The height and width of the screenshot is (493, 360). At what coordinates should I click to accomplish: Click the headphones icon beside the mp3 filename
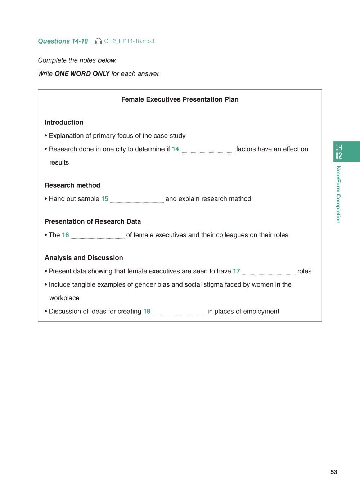(x=98, y=41)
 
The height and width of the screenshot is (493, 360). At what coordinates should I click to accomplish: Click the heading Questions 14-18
(x=63, y=41)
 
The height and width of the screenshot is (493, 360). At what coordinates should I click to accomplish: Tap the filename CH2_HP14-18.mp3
(x=129, y=41)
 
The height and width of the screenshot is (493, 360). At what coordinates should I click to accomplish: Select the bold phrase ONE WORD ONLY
(x=82, y=74)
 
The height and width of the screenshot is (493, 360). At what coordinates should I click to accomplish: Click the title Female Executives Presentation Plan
(x=180, y=99)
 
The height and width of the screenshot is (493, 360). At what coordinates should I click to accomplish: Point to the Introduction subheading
(x=64, y=122)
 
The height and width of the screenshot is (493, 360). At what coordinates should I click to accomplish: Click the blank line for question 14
(x=207, y=150)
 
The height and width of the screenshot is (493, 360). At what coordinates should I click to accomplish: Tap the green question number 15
(x=105, y=199)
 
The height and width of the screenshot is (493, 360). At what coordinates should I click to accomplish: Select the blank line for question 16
(x=98, y=236)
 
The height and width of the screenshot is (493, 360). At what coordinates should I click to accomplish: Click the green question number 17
(x=236, y=271)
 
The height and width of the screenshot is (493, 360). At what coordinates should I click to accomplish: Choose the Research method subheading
(x=72, y=185)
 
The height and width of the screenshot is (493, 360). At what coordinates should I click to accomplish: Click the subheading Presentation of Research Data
(x=93, y=221)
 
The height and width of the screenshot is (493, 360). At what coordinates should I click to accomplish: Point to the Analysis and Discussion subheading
(x=84, y=258)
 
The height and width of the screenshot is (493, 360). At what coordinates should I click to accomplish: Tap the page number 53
(x=334, y=472)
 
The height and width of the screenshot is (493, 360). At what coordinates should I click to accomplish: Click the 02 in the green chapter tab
(x=338, y=156)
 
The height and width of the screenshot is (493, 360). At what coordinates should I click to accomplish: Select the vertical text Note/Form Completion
(x=338, y=194)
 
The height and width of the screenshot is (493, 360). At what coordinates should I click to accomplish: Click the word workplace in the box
(x=64, y=298)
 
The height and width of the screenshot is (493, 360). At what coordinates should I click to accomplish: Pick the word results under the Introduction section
(x=59, y=163)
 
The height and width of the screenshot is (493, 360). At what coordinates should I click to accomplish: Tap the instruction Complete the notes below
(x=77, y=60)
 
